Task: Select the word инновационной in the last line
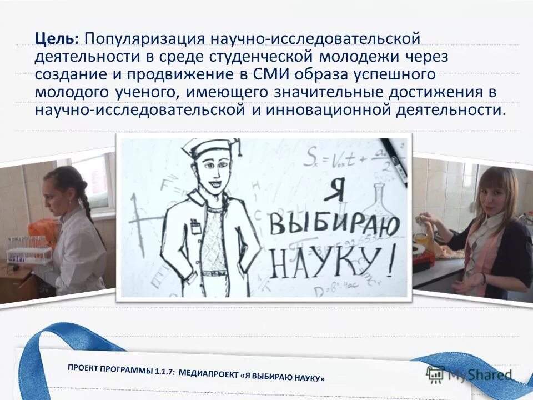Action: (323, 109)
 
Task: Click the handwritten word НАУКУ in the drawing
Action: (321, 262)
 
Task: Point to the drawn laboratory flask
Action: (383, 203)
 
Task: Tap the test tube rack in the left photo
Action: (28, 250)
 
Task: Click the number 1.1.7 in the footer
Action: (162, 371)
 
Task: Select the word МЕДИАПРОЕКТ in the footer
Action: (208, 374)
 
